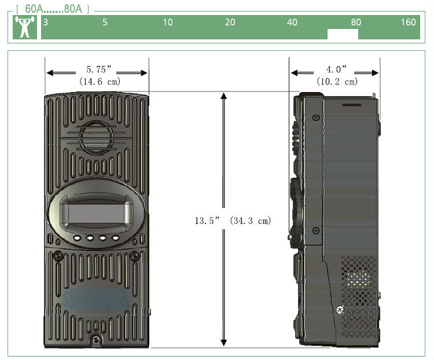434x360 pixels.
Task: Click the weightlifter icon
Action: point(25,27)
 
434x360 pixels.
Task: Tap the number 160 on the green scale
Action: point(409,22)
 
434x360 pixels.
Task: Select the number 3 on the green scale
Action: point(46,22)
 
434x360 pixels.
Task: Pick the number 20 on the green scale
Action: point(230,22)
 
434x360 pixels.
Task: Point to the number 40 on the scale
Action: point(292,22)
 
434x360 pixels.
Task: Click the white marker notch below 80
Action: point(343,34)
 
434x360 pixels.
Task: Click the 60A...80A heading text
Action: point(53,9)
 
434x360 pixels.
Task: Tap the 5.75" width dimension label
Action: point(99,69)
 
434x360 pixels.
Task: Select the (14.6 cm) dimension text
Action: point(100,82)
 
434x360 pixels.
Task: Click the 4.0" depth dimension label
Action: point(337,69)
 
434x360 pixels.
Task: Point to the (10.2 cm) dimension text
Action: point(337,82)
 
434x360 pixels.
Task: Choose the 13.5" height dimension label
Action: point(207,221)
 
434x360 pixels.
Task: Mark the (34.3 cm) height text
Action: point(251,221)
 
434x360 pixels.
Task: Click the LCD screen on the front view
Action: point(96,214)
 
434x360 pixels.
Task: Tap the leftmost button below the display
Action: point(77,238)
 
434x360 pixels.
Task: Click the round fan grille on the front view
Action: point(96,138)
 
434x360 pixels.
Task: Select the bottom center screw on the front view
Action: point(96,340)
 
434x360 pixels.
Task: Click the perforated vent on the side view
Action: point(359,296)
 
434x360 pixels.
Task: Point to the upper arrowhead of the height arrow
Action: point(223,96)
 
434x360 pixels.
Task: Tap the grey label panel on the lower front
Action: point(96,300)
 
